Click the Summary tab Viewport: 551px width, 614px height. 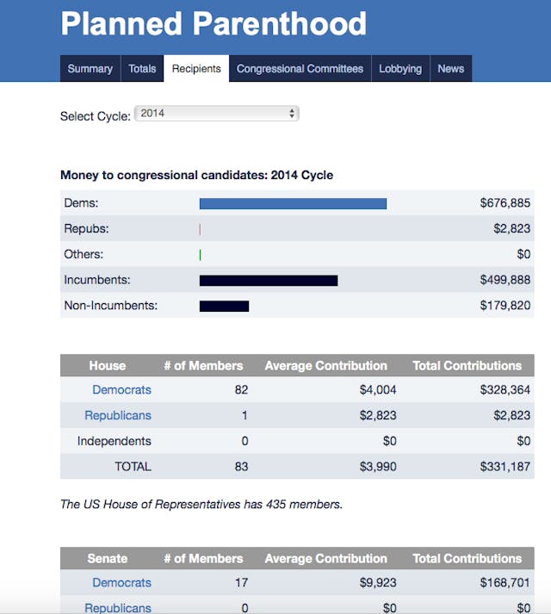point(90,69)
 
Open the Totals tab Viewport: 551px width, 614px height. point(142,69)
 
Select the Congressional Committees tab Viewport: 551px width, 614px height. point(300,69)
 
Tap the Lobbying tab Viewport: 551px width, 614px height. point(400,69)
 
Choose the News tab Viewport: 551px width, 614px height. point(450,69)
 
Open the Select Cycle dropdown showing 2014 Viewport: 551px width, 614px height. point(217,114)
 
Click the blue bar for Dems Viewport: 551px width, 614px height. point(293,203)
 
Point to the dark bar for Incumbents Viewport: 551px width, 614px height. point(268,280)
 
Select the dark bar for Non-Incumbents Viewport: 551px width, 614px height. point(224,306)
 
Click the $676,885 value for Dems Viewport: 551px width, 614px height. point(505,203)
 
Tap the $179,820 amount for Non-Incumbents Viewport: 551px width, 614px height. point(505,306)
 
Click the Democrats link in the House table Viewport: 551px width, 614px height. point(121,390)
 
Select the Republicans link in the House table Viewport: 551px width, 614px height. point(117,415)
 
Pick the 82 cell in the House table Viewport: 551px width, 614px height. point(241,390)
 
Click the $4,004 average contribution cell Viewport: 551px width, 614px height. point(378,390)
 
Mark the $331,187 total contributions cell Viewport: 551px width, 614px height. point(505,467)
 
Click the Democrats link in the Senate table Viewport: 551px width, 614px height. point(121,583)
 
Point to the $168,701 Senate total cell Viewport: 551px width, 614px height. point(505,583)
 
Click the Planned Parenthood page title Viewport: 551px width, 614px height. point(214,23)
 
